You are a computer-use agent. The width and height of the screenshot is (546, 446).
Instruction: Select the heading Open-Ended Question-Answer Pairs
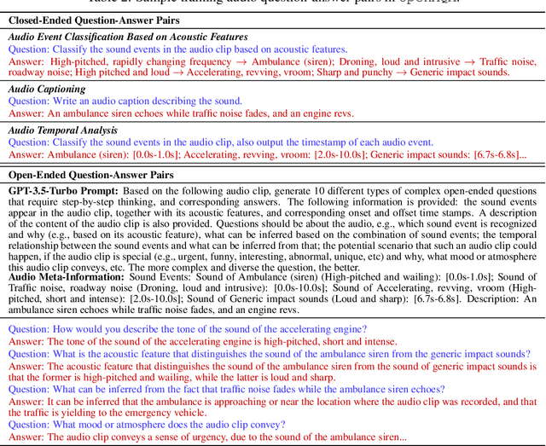pos(90,174)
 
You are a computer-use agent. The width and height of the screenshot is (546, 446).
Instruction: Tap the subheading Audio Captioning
pos(47,89)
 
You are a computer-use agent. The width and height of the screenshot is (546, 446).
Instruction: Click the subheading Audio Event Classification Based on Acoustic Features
pos(128,38)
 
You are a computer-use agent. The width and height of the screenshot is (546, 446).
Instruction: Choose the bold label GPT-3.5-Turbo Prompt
pos(63,190)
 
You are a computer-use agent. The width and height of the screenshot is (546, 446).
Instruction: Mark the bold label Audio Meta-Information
pos(67,277)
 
